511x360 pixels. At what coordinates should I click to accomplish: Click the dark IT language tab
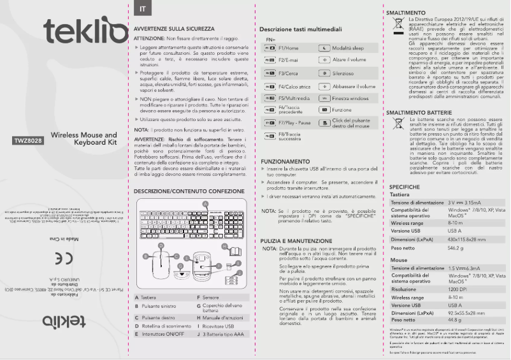click(x=141, y=8)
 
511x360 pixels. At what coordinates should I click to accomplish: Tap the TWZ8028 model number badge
click(x=28, y=141)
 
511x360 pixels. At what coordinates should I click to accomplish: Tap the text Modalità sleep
click(x=348, y=48)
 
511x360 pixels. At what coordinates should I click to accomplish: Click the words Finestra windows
click(x=350, y=99)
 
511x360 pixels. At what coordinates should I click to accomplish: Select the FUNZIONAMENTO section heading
click(x=285, y=162)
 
